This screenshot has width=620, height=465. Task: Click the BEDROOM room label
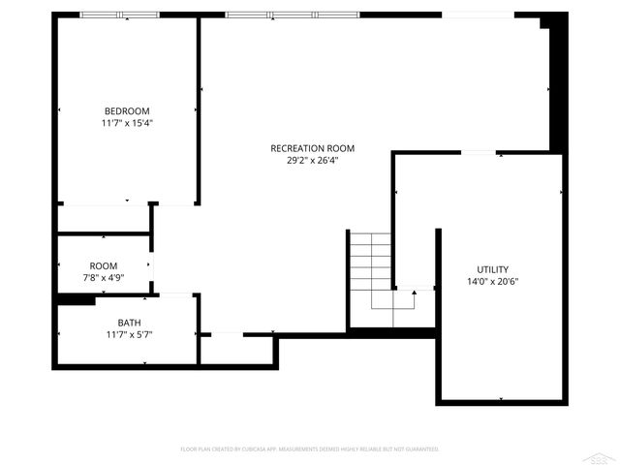(127, 110)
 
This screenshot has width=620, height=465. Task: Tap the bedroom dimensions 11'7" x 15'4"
(127, 123)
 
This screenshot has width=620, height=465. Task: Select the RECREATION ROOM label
(312, 148)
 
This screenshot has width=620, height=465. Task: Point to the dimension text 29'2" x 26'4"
(312, 161)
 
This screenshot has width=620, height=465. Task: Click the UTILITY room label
(492, 269)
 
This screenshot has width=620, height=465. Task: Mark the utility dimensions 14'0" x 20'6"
(492, 282)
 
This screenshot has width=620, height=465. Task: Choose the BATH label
(129, 323)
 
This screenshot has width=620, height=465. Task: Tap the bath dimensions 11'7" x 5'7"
(129, 334)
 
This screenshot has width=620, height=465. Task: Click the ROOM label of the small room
(104, 265)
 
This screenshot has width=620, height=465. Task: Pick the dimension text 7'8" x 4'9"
(104, 278)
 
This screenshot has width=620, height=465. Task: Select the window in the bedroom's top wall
(119, 15)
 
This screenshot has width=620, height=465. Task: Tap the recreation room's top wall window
(292, 15)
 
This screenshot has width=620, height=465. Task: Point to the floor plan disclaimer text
(310, 449)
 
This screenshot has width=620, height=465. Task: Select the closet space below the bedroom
(104, 218)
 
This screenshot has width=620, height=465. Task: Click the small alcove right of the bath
(236, 349)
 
